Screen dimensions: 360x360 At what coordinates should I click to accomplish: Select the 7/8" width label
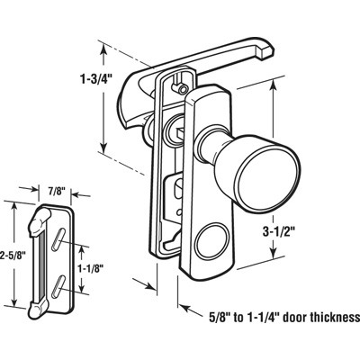(56, 190)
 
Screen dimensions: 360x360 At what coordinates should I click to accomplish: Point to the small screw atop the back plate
(181, 90)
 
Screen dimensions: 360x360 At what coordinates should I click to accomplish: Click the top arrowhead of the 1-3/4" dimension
(107, 48)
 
